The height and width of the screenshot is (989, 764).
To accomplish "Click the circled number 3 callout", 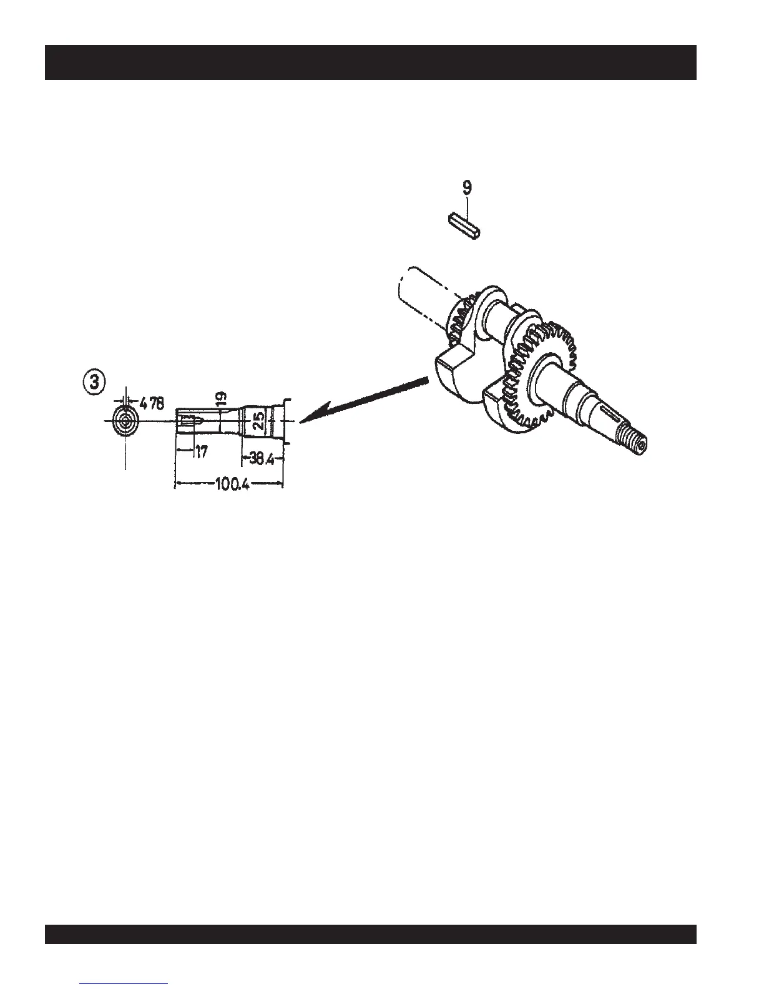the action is (x=94, y=383).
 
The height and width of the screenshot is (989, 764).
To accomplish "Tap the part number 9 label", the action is (x=468, y=187).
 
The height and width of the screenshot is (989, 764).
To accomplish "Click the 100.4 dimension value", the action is (x=232, y=485).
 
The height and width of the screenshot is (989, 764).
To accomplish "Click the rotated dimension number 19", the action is (x=222, y=398).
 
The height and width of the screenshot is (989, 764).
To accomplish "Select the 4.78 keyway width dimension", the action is (x=152, y=404).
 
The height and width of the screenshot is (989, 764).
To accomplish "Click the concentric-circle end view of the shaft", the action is (x=126, y=423).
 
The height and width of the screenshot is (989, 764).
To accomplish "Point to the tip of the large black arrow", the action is (x=303, y=420).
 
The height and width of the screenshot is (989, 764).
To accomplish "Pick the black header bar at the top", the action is (x=370, y=62).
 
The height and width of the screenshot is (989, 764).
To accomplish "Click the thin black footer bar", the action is (x=370, y=934).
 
